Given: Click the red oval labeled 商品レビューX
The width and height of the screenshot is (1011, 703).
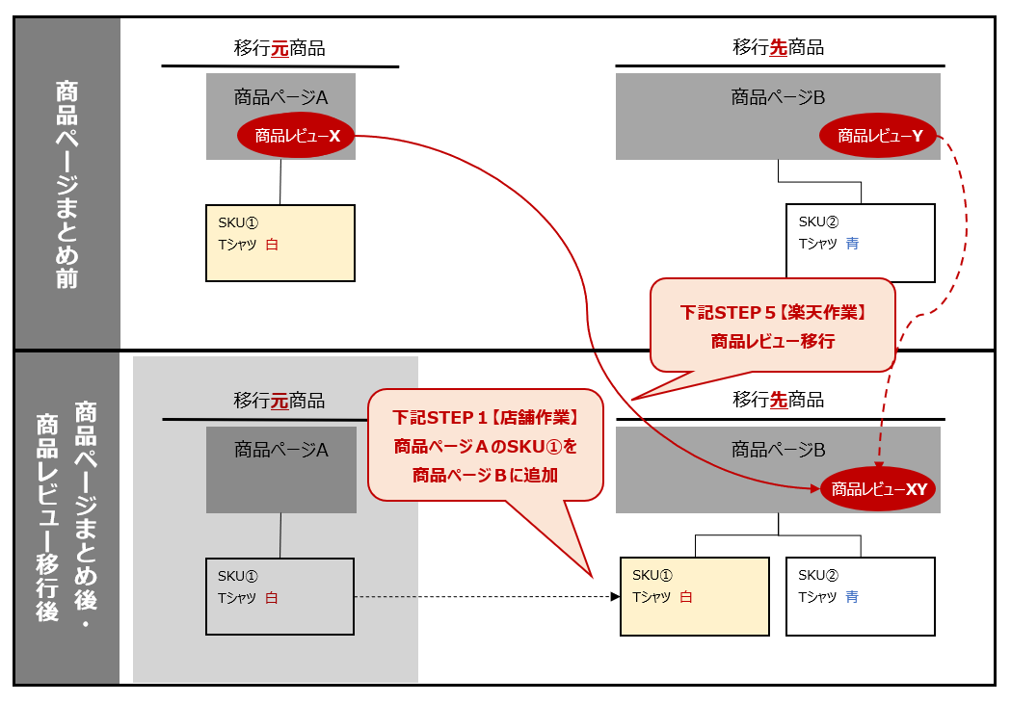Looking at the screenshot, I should click(x=297, y=137).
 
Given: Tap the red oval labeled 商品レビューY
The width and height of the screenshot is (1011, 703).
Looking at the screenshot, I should click(x=879, y=137).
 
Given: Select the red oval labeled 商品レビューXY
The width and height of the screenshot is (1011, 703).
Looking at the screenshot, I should click(x=878, y=489).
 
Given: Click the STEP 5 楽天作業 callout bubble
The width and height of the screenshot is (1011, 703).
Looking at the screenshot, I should click(x=773, y=325).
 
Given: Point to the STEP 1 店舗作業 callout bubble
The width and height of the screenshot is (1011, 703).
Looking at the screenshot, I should click(x=485, y=446).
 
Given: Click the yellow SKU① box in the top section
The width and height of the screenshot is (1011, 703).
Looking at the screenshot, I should click(x=280, y=243).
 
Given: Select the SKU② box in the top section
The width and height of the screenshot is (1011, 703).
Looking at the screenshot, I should click(x=860, y=243).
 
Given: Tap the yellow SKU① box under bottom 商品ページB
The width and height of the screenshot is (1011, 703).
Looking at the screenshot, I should click(x=695, y=596).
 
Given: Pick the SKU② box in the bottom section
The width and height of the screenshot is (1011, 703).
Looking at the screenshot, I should click(x=860, y=596).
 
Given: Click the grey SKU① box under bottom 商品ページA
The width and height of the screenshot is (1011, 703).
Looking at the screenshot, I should click(x=280, y=596).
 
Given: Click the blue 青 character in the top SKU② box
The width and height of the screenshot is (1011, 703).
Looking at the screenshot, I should click(x=852, y=244).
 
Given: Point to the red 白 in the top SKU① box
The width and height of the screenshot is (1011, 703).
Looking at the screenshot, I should click(x=272, y=245).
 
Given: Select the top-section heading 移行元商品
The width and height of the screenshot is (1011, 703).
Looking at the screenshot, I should click(x=279, y=47).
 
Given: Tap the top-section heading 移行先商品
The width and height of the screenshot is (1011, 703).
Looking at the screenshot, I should click(x=779, y=47).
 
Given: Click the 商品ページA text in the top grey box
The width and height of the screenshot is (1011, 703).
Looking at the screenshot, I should click(x=280, y=96).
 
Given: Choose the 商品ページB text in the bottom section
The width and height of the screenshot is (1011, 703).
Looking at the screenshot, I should click(x=778, y=449).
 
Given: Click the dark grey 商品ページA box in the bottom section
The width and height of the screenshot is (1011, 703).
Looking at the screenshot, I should click(x=280, y=470).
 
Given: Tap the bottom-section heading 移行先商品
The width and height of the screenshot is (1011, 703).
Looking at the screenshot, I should click(x=779, y=400).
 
